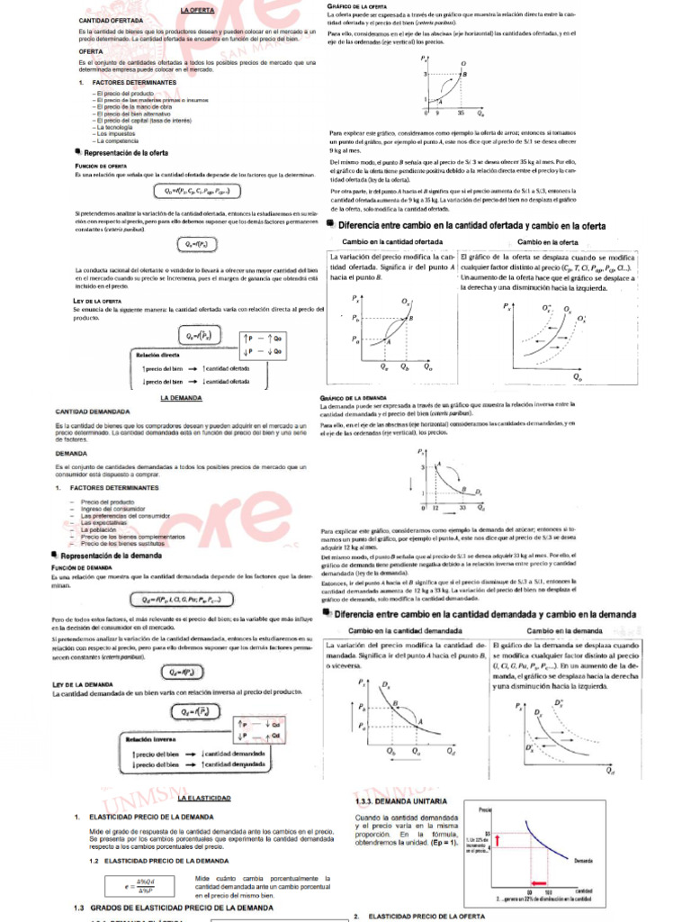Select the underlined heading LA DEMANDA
click(x=180, y=396)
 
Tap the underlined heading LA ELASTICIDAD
click(x=205, y=798)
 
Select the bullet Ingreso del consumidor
click(x=114, y=508)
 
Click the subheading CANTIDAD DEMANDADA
click(x=92, y=411)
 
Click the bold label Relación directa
click(x=157, y=355)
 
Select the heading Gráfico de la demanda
click(x=353, y=397)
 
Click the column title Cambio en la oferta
click(x=548, y=242)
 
